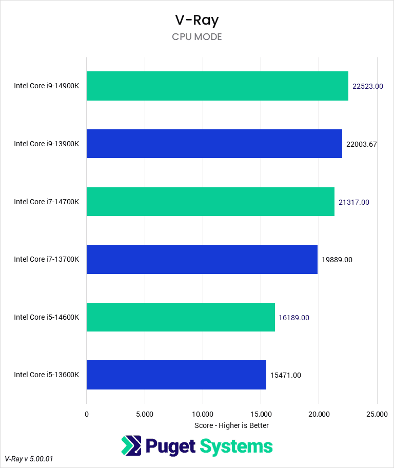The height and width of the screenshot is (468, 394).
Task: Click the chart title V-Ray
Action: coord(197,20)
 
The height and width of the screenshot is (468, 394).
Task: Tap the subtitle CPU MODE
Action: coord(197,37)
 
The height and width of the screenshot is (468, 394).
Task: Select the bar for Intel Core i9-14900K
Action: coord(218,86)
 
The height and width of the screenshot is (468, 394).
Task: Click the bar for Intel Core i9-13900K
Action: coord(214,144)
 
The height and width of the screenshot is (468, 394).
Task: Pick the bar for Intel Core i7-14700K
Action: coord(210,202)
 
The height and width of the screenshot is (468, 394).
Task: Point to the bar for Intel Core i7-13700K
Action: coord(202,259)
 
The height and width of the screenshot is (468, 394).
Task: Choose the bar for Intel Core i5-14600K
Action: coord(181,317)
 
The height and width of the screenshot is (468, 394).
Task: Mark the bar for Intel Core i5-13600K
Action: coord(176,375)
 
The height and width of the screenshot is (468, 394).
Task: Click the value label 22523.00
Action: coord(368,86)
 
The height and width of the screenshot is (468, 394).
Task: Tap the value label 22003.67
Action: coord(362,144)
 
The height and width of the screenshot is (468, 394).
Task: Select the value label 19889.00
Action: coord(337,260)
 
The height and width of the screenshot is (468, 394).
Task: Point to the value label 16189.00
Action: coord(294,318)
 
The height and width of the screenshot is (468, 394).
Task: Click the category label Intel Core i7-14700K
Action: coord(47,202)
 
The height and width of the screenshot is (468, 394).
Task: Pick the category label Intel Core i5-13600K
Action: coord(47,375)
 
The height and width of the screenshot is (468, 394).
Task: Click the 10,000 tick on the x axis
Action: coord(203,414)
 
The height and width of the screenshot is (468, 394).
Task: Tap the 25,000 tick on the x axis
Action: coord(377,414)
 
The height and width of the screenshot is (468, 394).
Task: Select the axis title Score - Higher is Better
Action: coord(232,425)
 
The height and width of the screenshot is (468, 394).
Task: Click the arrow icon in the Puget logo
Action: coord(131,446)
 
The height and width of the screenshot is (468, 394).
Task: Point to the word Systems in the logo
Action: coord(236,446)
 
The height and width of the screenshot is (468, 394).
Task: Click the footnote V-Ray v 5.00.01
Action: coord(29,458)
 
